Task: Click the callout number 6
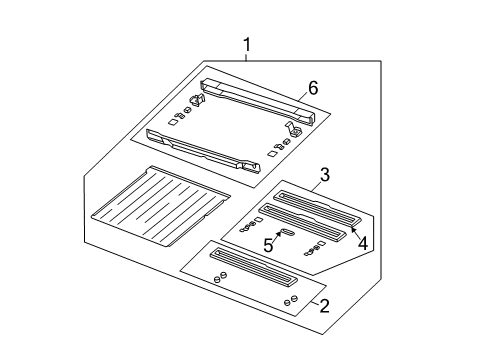coord(313,89)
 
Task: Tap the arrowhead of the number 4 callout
coord(349,227)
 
